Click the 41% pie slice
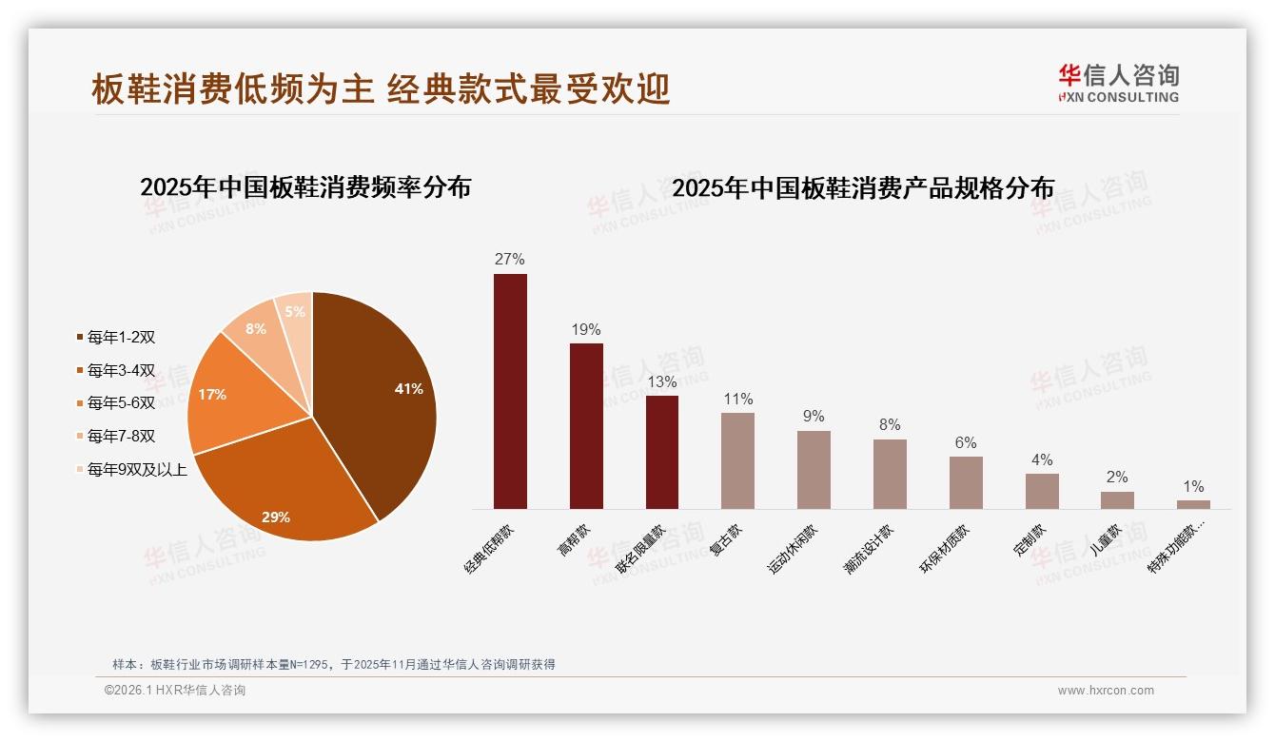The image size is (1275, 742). click(x=381, y=400)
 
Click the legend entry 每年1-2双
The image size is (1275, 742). click(x=120, y=337)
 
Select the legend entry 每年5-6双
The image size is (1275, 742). click(x=120, y=402)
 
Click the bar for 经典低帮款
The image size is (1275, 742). click(x=510, y=391)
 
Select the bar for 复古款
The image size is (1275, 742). click(x=737, y=460)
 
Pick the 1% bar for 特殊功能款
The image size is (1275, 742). click(x=1193, y=504)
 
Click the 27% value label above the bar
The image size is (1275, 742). click(x=509, y=259)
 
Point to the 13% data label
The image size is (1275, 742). click(x=661, y=381)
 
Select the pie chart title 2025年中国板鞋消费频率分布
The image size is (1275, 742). click(x=305, y=186)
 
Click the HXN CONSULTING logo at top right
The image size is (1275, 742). click(x=1118, y=84)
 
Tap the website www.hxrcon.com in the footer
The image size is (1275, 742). click(x=1106, y=691)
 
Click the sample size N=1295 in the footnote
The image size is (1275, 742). click(x=305, y=665)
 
